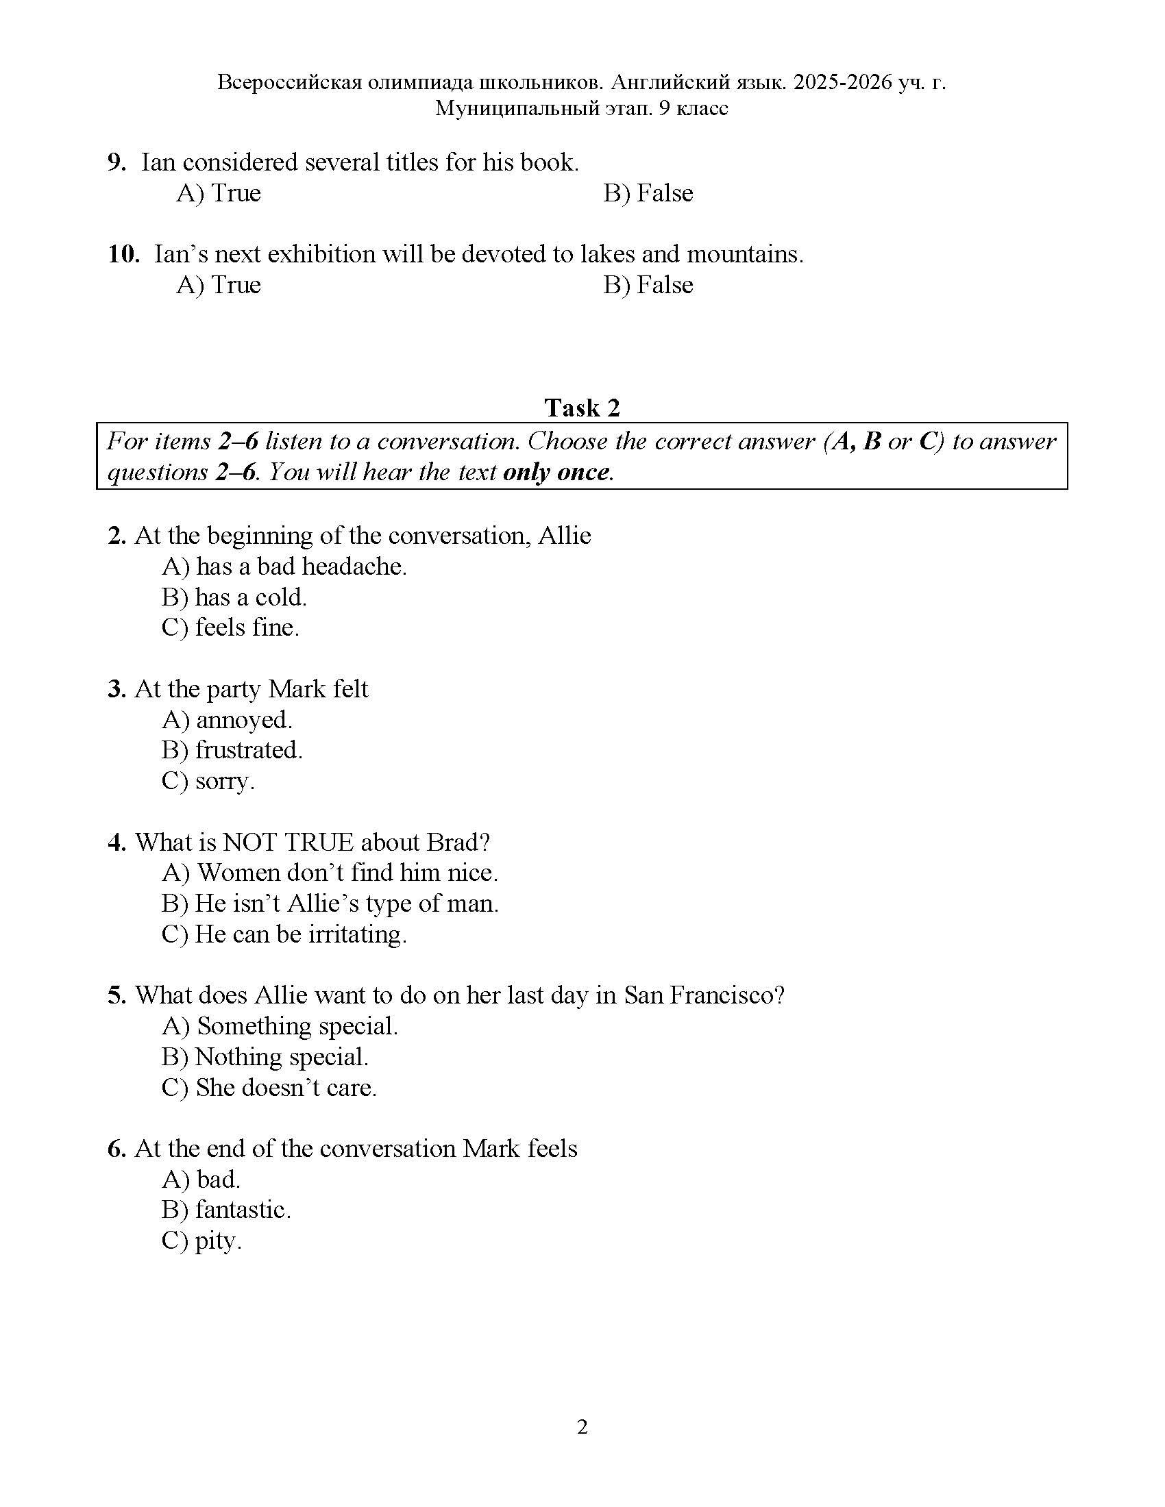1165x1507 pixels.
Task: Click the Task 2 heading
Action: coord(582,408)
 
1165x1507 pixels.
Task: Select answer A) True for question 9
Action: coord(218,193)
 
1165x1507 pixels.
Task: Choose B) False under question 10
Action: coord(648,285)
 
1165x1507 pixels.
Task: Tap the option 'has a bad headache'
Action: coord(284,566)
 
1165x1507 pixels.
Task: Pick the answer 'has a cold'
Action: coord(234,597)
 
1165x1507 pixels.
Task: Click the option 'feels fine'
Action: coord(230,627)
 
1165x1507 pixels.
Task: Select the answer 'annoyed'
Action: coord(227,720)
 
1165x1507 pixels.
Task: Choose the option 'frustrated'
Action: coord(232,750)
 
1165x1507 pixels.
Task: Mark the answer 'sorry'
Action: coord(208,781)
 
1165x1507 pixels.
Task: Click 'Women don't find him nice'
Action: coord(330,873)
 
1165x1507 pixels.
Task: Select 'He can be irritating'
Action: coord(284,934)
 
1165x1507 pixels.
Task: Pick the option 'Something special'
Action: coord(280,1026)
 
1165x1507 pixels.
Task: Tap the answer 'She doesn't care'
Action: coord(269,1088)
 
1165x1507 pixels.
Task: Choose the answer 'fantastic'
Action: coord(226,1210)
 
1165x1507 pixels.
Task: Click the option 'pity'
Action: coord(201,1241)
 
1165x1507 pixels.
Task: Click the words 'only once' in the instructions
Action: coord(557,473)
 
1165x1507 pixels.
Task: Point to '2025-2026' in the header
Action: coord(842,83)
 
